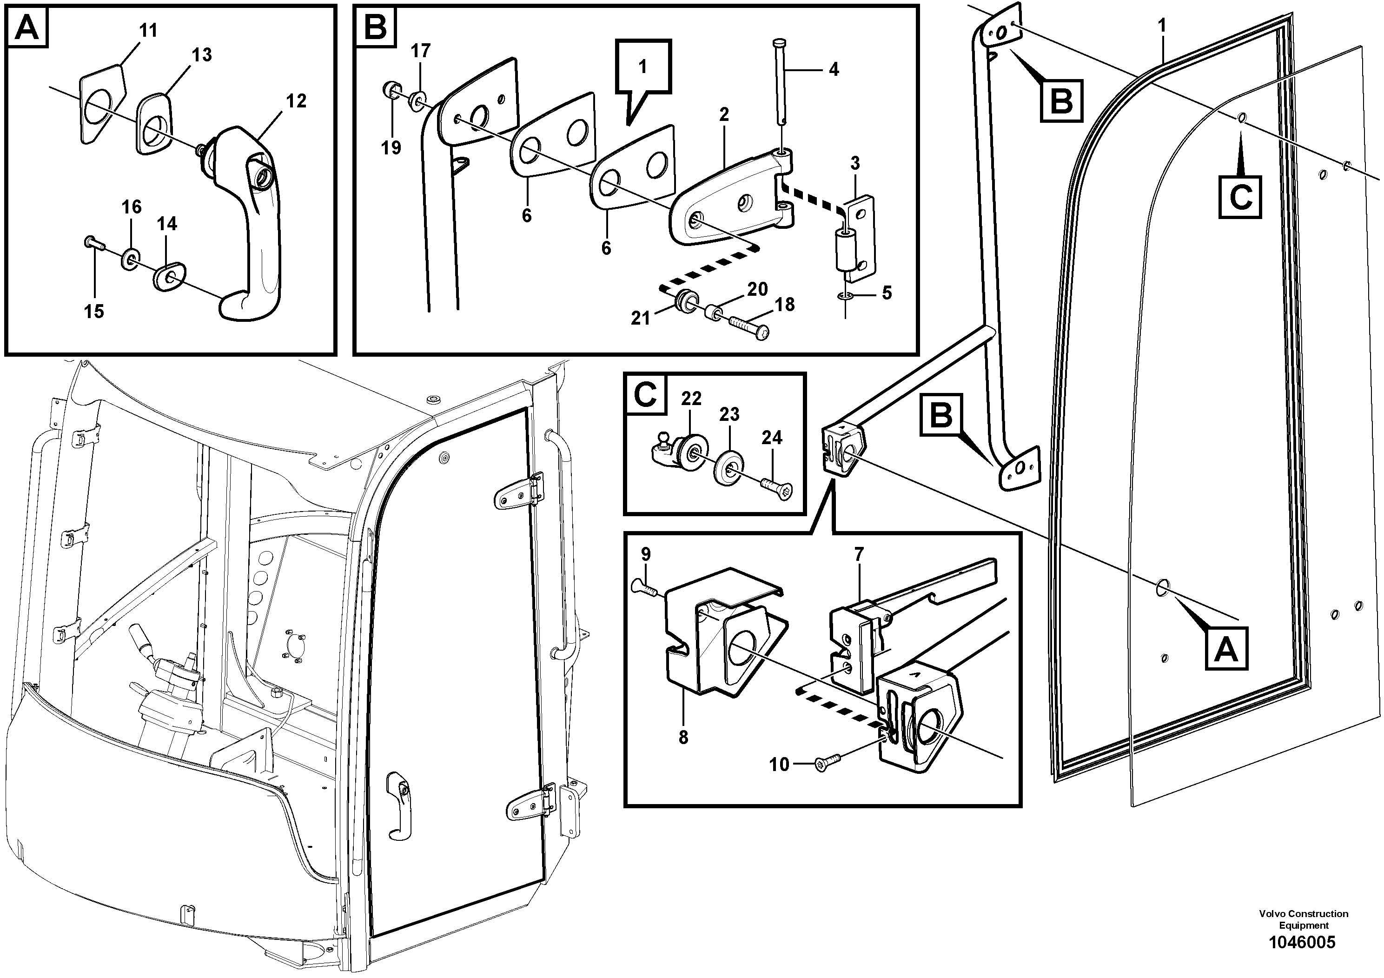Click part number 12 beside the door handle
(296, 101)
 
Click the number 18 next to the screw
(784, 305)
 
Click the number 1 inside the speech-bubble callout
(642, 67)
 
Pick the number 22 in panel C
(691, 399)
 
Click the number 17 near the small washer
(421, 51)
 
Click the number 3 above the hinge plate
(855, 163)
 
